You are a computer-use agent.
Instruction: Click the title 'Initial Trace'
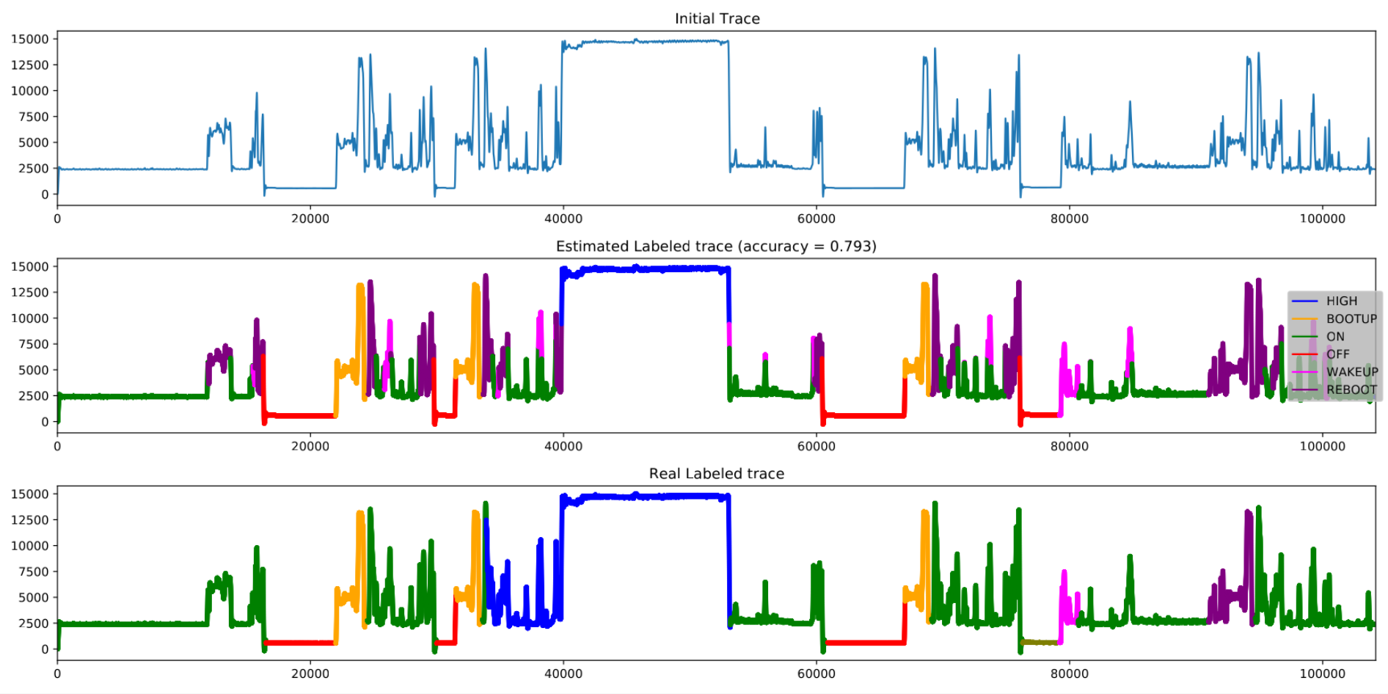[x=717, y=18]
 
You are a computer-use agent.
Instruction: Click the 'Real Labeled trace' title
[x=716, y=473]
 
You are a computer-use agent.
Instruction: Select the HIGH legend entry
[x=1341, y=301]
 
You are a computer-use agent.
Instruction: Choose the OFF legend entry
[x=1337, y=354]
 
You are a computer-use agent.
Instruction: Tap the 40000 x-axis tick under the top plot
[x=563, y=219]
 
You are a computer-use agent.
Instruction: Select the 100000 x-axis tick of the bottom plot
[x=1322, y=673]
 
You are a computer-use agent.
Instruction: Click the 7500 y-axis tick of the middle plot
[x=33, y=344]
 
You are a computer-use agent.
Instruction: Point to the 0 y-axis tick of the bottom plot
[x=45, y=649]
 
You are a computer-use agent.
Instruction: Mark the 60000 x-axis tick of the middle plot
[x=816, y=446]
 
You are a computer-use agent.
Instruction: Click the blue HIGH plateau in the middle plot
[x=646, y=269]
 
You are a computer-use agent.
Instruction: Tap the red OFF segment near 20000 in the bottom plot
[x=301, y=643]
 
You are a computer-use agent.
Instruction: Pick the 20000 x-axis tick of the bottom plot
[x=310, y=673]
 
